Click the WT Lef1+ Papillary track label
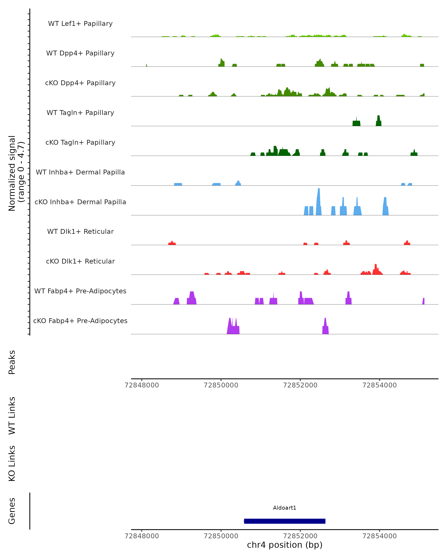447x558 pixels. coord(80,24)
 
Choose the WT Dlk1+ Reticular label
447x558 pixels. coord(80,231)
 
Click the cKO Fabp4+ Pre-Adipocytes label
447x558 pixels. coord(80,321)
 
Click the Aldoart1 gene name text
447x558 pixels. coord(285,508)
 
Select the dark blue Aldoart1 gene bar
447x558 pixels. coord(285,521)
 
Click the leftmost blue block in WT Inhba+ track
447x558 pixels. coord(178,184)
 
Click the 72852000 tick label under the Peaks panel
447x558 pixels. coord(300,385)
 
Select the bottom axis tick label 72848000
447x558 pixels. coord(142,536)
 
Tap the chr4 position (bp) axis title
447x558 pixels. coord(285,545)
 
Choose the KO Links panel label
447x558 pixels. coord(12,463)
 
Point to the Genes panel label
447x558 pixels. coord(12,511)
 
